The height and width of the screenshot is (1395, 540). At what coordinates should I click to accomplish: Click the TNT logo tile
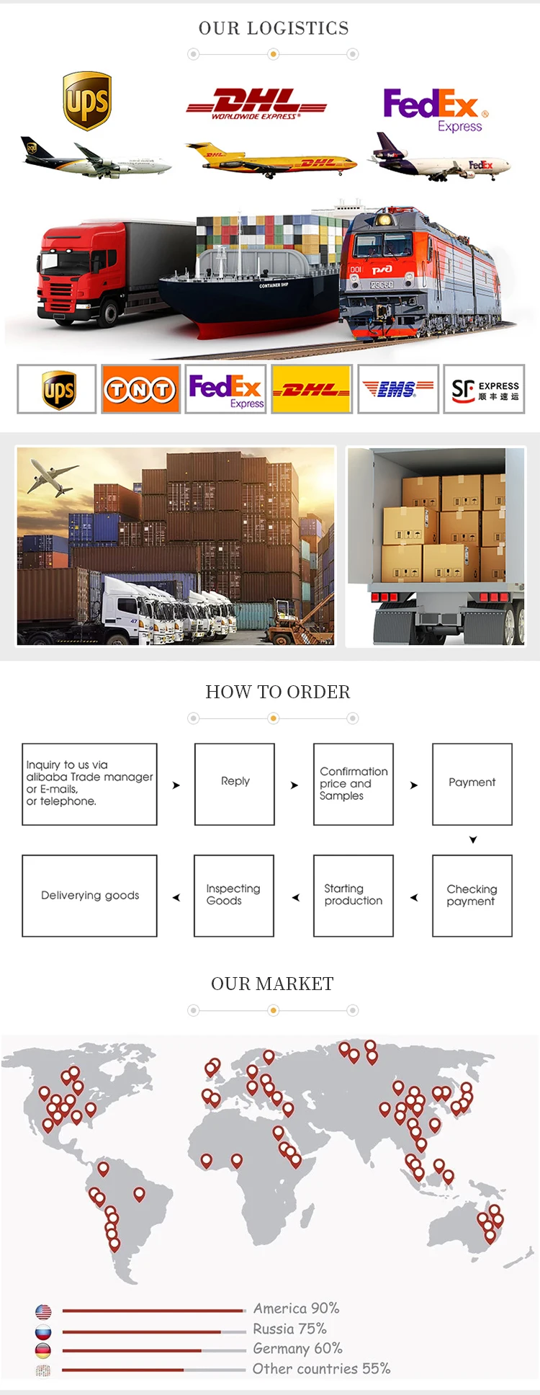pos(140,390)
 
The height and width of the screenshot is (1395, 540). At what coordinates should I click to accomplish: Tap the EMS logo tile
pos(397,390)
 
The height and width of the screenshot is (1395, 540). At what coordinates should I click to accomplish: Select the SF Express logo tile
pos(484,390)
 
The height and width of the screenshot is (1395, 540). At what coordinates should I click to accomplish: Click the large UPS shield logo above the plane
pos(87,100)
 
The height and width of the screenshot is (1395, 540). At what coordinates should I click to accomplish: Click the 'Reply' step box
pos(235,784)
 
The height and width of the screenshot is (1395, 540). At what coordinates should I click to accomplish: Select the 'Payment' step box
pos(472,784)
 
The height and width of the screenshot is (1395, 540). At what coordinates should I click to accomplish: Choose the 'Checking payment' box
pos(472,896)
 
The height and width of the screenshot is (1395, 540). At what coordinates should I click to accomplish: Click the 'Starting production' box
pos(354,896)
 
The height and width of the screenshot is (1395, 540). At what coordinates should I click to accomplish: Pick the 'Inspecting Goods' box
pos(234,896)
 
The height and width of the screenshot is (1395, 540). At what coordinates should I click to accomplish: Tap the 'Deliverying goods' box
pos(90,896)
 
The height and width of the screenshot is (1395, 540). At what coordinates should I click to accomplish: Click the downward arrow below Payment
pos(473,840)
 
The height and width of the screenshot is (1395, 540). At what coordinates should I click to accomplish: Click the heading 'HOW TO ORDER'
pos(278,692)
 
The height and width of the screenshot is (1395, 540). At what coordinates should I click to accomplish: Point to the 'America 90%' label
pos(296,1308)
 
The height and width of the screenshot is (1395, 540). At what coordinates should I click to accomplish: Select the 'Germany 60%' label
pos(297,1348)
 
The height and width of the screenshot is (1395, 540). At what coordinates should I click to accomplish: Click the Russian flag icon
pos(43,1331)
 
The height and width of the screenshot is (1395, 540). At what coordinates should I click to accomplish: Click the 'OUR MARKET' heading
pos(272,984)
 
